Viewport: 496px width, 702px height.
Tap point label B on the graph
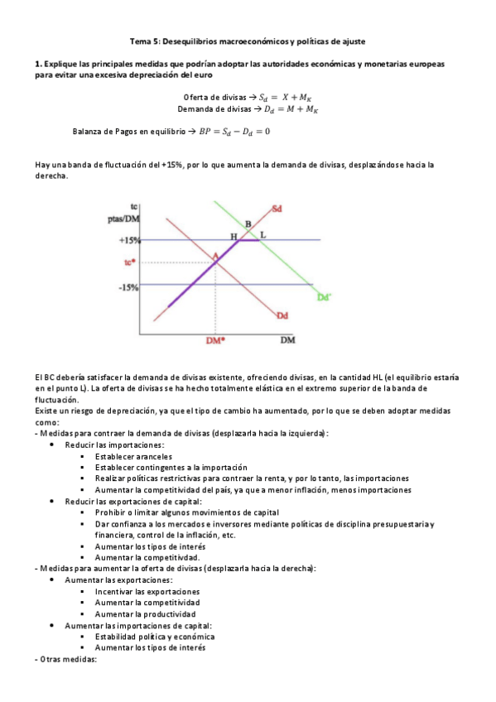point(247,224)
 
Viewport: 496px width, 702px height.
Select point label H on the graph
point(234,236)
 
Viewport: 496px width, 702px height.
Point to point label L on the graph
point(262,235)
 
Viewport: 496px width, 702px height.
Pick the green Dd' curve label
point(324,296)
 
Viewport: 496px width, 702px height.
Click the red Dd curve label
point(282,315)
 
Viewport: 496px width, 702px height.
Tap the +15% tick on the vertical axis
point(128,240)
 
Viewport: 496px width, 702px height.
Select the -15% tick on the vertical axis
point(128,287)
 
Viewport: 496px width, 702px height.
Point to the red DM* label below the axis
point(215,339)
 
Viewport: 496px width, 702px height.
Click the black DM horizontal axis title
point(287,339)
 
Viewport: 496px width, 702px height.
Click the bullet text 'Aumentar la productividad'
point(145,615)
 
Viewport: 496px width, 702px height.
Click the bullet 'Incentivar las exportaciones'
point(147,593)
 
